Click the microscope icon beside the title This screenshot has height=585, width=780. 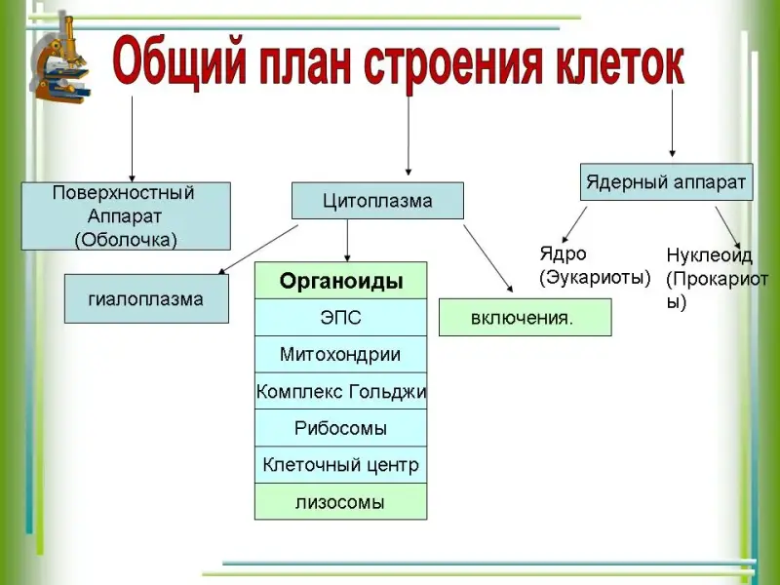pos(60,59)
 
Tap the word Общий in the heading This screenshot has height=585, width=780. pos(179,64)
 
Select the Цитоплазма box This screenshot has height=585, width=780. pos(377,201)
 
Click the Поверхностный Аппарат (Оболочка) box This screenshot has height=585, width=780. pos(126,215)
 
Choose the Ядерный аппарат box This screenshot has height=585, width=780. pos(667,182)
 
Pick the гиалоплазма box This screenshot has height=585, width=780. pos(147,298)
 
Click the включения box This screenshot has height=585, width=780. pos(526,318)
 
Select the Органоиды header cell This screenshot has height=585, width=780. pos(340,281)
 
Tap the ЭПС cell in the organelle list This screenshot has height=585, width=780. pos(340,318)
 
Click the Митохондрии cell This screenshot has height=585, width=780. pos(340,354)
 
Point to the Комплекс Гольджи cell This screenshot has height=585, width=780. pos(340,391)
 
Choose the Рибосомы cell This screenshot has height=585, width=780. pos(340,428)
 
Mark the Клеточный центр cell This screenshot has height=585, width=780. pos(340,465)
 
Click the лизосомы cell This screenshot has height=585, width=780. pos(340,501)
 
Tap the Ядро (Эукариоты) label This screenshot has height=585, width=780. pos(595,265)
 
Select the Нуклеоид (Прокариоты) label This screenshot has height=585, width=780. pos(717,279)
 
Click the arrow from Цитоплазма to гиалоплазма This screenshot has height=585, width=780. pos(258,250)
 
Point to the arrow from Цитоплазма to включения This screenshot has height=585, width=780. pos(488,258)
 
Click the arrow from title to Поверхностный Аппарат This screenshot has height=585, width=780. pos(132,139)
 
